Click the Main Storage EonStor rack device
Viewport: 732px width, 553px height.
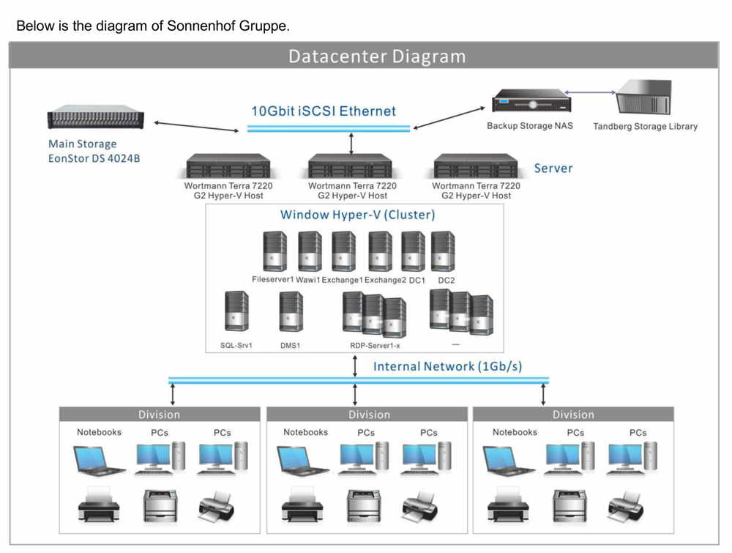point(96,116)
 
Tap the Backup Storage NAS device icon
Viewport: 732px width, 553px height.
point(531,101)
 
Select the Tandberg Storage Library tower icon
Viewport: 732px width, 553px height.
point(644,97)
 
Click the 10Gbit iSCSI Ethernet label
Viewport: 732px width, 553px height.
point(324,111)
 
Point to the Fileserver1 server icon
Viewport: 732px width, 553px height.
point(275,252)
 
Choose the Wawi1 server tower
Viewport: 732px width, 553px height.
point(310,252)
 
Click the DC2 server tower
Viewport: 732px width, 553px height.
point(443,252)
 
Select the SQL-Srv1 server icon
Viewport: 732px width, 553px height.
point(236,311)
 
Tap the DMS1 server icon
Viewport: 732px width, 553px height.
point(291,311)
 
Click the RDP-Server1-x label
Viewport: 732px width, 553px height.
point(375,346)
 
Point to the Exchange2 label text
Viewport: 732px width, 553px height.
point(385,281)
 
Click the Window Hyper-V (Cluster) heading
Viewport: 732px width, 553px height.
point(358,215)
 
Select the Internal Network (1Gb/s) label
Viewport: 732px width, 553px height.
point(447,366)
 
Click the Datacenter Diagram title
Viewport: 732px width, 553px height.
point(377,56)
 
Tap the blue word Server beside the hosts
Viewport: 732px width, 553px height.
point(553,168)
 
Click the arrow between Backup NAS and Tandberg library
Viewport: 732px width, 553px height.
point(590,92)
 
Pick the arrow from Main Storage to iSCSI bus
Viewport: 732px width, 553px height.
point(196,127)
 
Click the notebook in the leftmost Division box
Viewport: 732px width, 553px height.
point(99,461)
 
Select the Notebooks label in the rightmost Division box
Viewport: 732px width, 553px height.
point(515,432)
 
